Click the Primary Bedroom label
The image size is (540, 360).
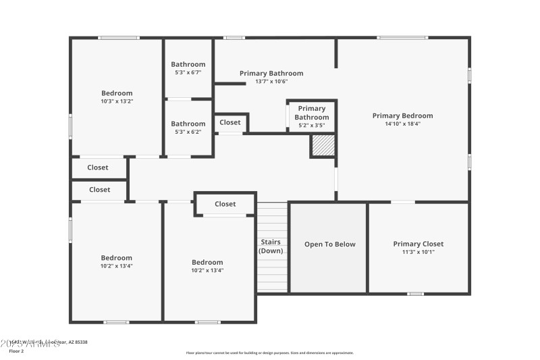(402, 115)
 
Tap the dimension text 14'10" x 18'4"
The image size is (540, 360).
(402, 124)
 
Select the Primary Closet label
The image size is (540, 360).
(418, 244)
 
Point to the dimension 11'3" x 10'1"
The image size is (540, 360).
(418, 252)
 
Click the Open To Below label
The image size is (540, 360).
(329, 245)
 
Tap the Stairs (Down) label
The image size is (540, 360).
(271, 247)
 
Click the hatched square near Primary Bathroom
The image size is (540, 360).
(323, 145)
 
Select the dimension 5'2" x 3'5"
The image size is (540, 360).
(311, 125)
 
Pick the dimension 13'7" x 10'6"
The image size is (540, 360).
(271, 81)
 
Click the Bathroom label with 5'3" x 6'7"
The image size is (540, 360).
(188, 65)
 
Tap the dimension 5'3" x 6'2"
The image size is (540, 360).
(188, 132)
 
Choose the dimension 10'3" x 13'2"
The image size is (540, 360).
(117, 101)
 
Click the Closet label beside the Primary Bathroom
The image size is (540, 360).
(230, 123)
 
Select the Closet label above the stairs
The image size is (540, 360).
(225, 204)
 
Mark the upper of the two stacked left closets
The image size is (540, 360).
(98, 168)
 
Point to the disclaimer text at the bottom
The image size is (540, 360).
(269, 353)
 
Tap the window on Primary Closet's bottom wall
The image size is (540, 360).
(415, 294)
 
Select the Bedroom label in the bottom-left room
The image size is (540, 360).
(117, 257)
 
